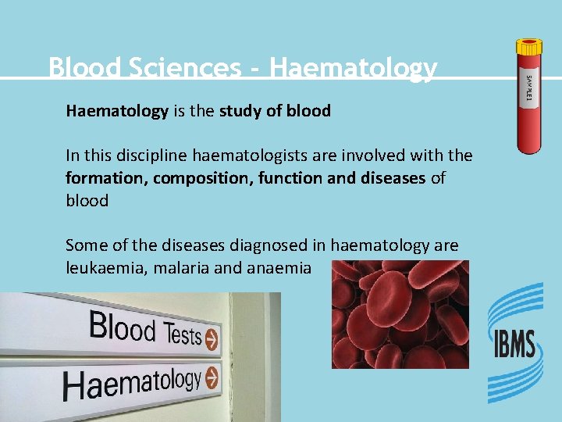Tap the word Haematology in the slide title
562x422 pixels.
point(353,69)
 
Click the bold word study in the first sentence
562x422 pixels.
point(241,111)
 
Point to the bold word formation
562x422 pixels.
point(105,178)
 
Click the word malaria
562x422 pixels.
point(171,268)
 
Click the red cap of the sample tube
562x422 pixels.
point(528,48)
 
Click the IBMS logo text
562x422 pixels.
point(514,345)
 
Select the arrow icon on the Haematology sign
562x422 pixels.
point(212,378)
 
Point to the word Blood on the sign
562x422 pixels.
point(122,327)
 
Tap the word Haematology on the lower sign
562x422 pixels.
point(131,383)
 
